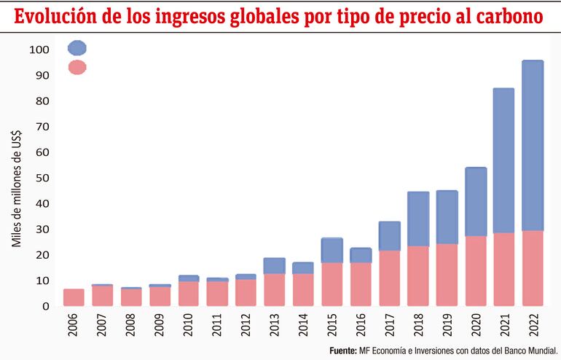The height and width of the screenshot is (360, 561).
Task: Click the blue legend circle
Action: click(x=76, y=48)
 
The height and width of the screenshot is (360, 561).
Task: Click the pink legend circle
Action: click(x=76, y=67)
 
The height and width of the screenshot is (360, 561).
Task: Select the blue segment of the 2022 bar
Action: click(x=533, y=146)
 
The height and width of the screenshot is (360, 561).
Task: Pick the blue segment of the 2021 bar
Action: click(x=503, y=160)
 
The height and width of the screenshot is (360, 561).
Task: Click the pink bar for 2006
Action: click(x=74, y=297)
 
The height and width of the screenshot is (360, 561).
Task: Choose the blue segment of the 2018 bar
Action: click(x=417, y=219)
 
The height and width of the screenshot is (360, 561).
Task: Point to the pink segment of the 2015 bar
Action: click(x=331, y=284)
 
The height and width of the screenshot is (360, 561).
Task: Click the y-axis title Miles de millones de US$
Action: click(x=16, y=188)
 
